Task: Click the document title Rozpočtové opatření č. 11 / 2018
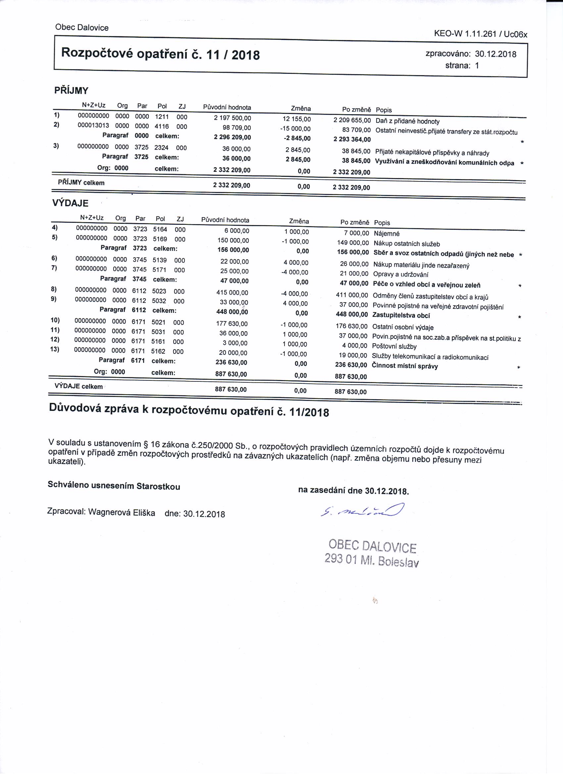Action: (160, 54)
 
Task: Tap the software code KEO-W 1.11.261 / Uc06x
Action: (481, 34)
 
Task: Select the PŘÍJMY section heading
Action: (71, 90)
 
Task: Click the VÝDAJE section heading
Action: (70, 203)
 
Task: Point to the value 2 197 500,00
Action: (232, 118)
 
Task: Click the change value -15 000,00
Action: (295, 129)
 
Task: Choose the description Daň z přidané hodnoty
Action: (407, 121)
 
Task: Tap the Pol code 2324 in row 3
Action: (161, 148)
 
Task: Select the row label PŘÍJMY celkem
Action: (81, 183)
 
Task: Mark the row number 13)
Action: (55, 349)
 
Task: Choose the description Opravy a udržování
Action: (400, 274)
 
